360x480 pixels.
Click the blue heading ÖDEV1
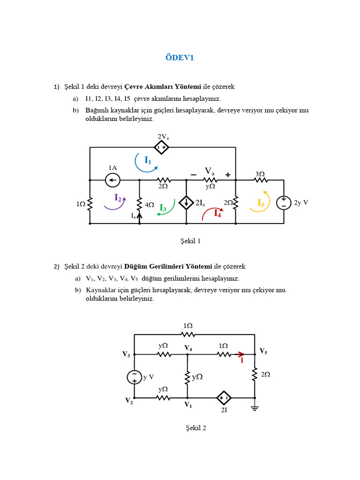coord(180,58)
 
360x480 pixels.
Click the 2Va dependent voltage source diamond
coord(162,147)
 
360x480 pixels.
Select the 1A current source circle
coord(112,180)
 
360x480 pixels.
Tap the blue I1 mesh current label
coord(148,161)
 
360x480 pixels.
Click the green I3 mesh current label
coord(163,208)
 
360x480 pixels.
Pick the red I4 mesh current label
coord(217,213)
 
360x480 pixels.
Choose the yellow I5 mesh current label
coord(261,203)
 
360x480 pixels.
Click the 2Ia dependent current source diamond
coord(187,202)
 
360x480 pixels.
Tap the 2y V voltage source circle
coord(284,202)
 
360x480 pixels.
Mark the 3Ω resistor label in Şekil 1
coord(260,173)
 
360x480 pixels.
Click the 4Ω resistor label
coord(150,205)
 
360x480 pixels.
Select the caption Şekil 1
coord(190,241)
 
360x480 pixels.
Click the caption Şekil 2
coord(195,428)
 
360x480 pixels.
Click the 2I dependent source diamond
coord(224,398)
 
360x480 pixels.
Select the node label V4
coord(188,348)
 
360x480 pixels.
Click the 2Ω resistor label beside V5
coord(265,375)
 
